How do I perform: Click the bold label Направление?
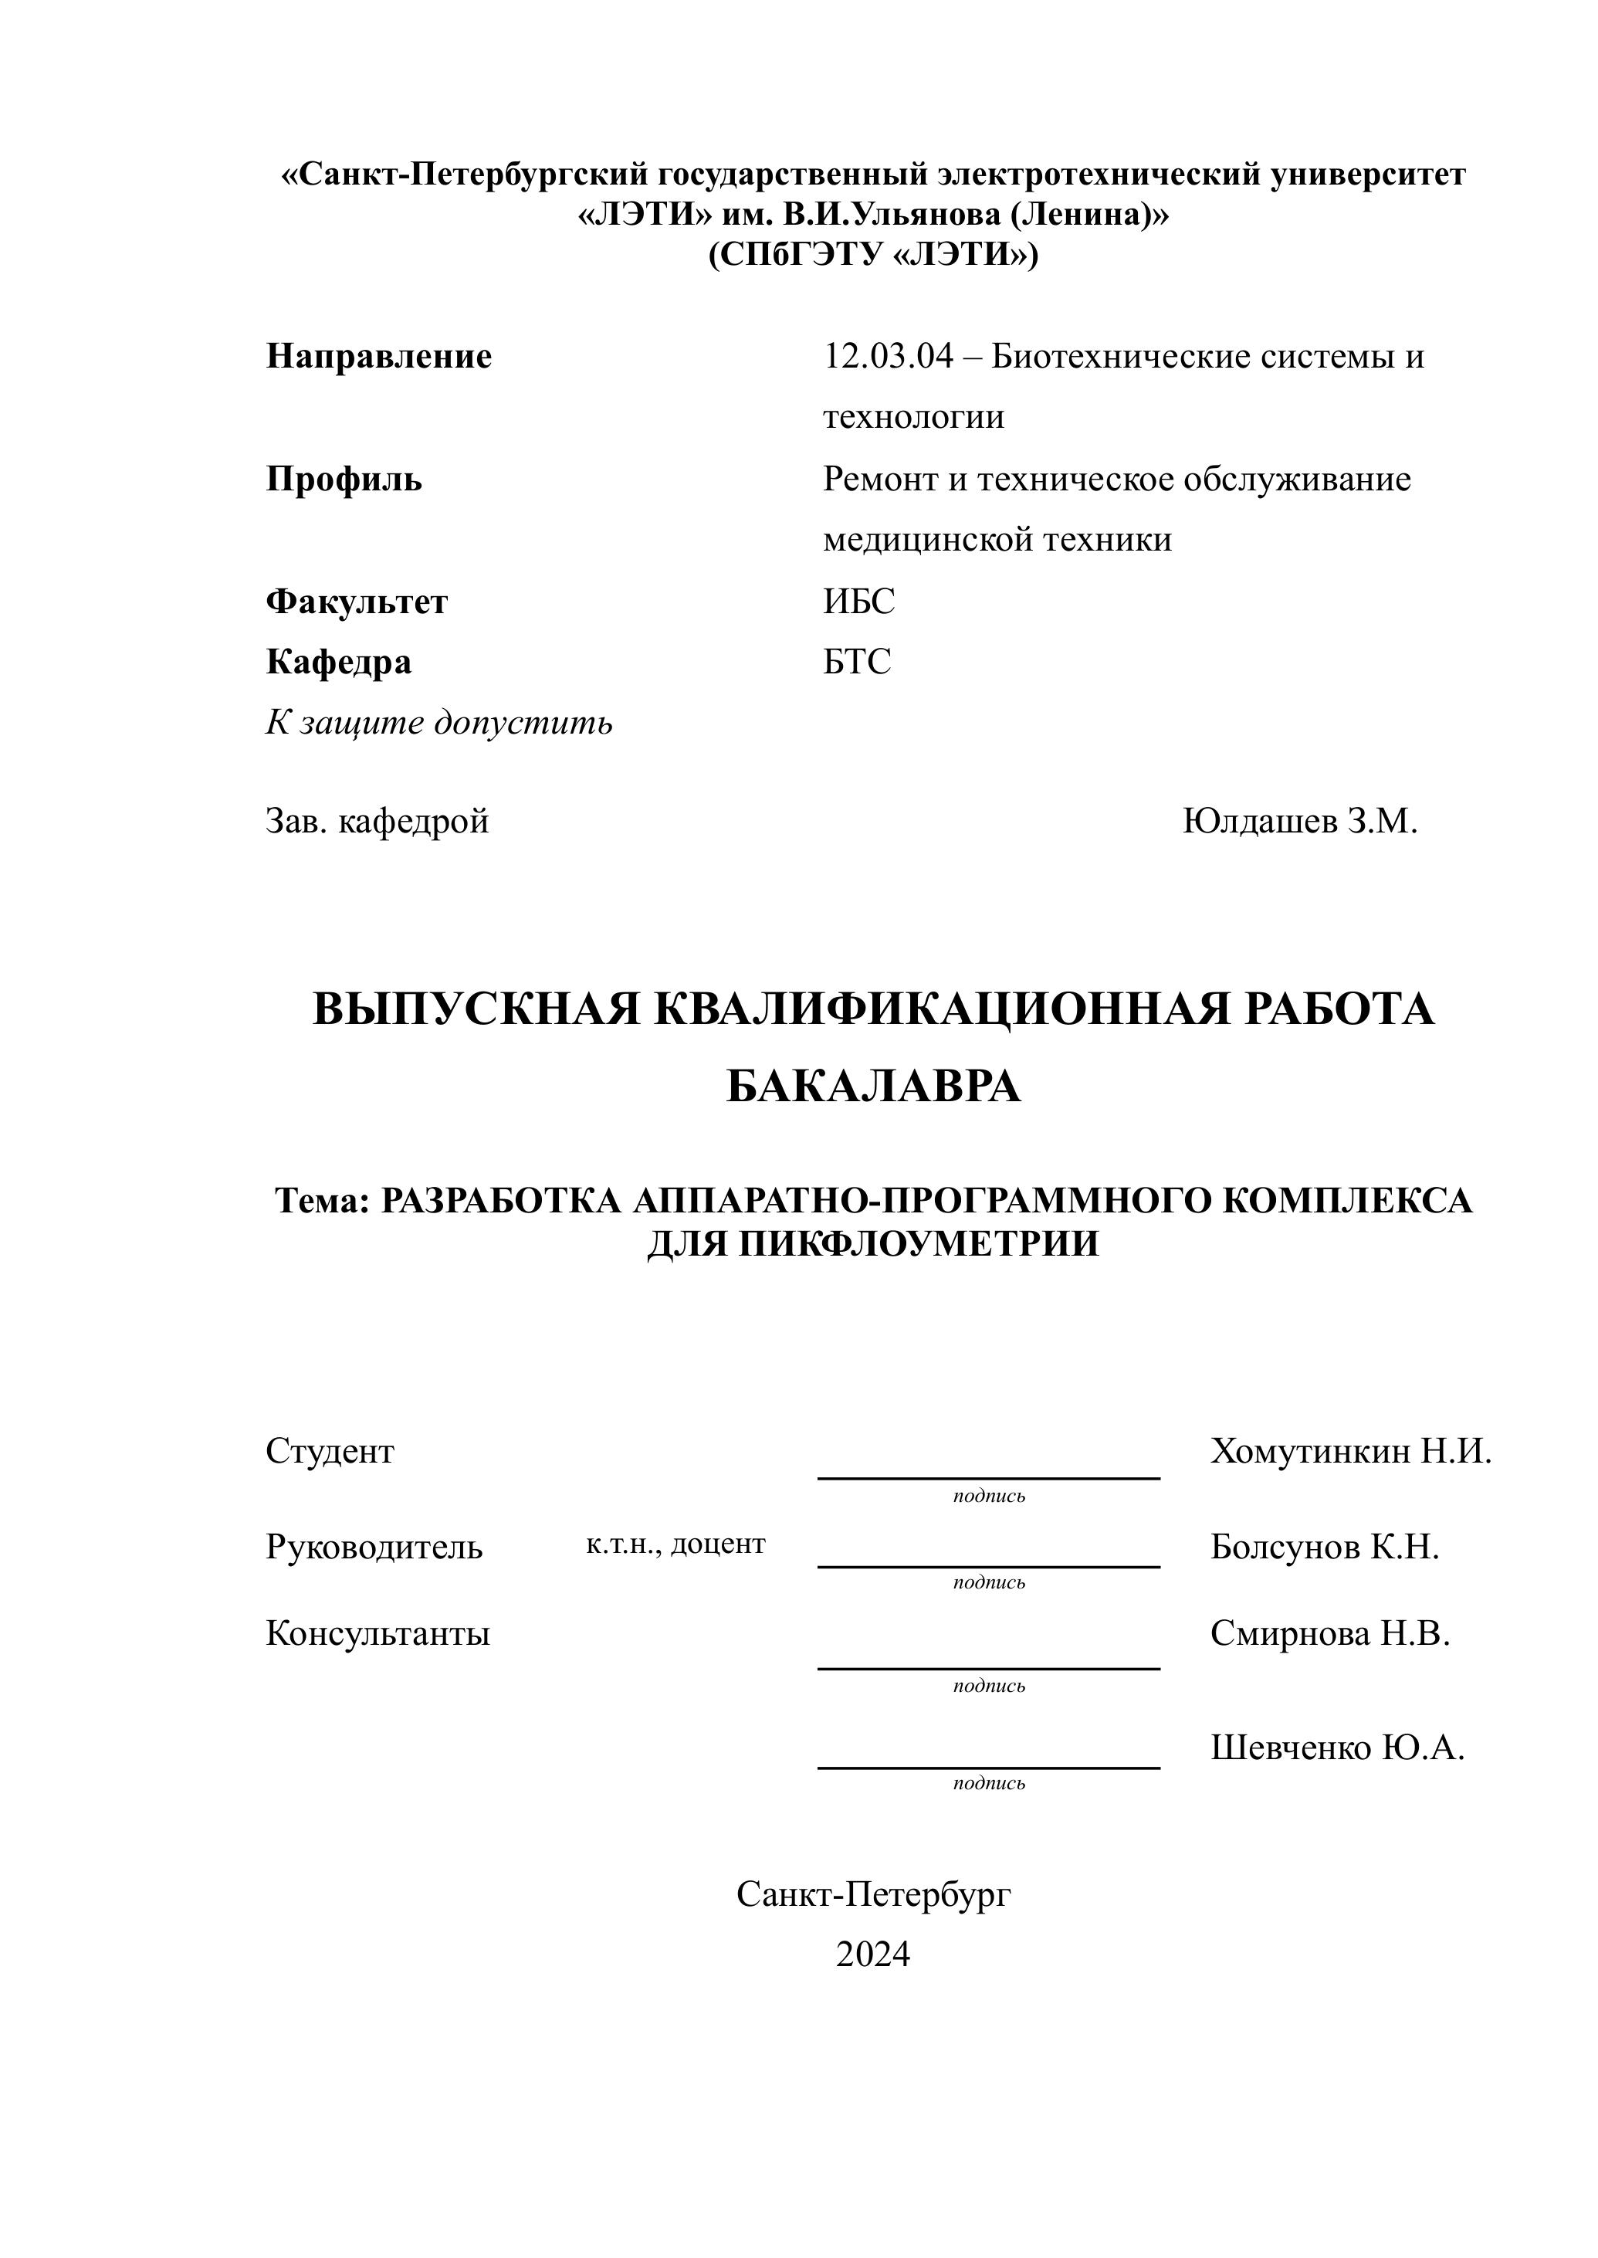(379, 356)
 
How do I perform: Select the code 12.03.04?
(889, 356)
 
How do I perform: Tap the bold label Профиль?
(344, 480)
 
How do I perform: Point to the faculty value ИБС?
(859, 602)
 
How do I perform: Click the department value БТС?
(857, 663)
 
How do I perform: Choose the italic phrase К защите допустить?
(438, 724)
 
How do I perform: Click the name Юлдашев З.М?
(1299, 821)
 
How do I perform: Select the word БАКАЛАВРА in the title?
(873, 1087)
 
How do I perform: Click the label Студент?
(330, 1452)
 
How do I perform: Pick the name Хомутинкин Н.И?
(1350, 1452)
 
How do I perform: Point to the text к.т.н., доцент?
(675, 1544)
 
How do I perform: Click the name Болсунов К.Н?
(1325, 1548)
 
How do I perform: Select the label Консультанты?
(377, 1634)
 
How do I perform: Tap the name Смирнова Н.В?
(1329, 1634)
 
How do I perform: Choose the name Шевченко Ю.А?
(1337, 1748)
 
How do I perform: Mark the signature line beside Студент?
(988, 1477)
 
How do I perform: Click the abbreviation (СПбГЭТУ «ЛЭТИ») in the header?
(873, 255)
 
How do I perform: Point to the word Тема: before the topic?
(322, 1201)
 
